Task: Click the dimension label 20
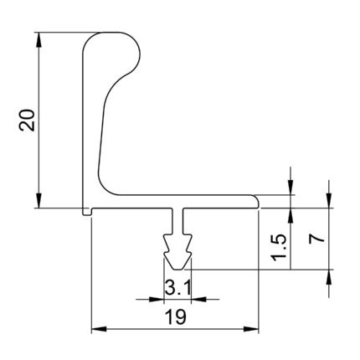[x=27, y=120]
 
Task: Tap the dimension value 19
[x=175, y=316]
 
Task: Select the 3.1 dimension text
[x=177, y=288]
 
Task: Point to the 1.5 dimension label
[x=279, y=247]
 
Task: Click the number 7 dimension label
[x=316, y=239]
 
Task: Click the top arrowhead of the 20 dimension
[x=39, y=39]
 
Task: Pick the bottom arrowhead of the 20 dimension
[x=39, y=201]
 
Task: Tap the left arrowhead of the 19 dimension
[x=99, y=329]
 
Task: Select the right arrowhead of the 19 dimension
[x=251, y=329]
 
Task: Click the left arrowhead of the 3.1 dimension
[x=157, y=300]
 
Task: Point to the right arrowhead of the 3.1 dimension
[x=198, y=300]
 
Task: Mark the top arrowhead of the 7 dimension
[x=329, y=201]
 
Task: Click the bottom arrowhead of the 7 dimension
[x=329, y=277]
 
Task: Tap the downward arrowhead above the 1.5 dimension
[x=291, y=188]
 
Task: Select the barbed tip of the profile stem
[x=177, y=253]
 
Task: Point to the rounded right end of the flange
[x=257, y=202]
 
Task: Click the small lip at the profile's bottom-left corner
[x=87, y=212]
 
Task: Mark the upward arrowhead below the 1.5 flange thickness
[x=291, y=215]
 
